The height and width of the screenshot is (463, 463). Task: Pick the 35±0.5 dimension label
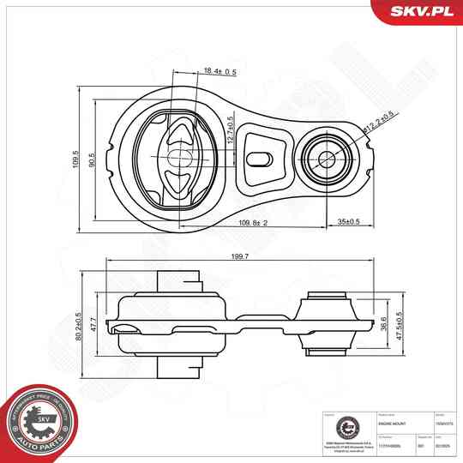pos(350,225)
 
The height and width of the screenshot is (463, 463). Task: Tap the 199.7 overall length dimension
pos(239,256)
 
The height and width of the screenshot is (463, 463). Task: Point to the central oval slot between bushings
pos(259,158)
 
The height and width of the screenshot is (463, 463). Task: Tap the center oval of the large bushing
pos(177,158)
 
